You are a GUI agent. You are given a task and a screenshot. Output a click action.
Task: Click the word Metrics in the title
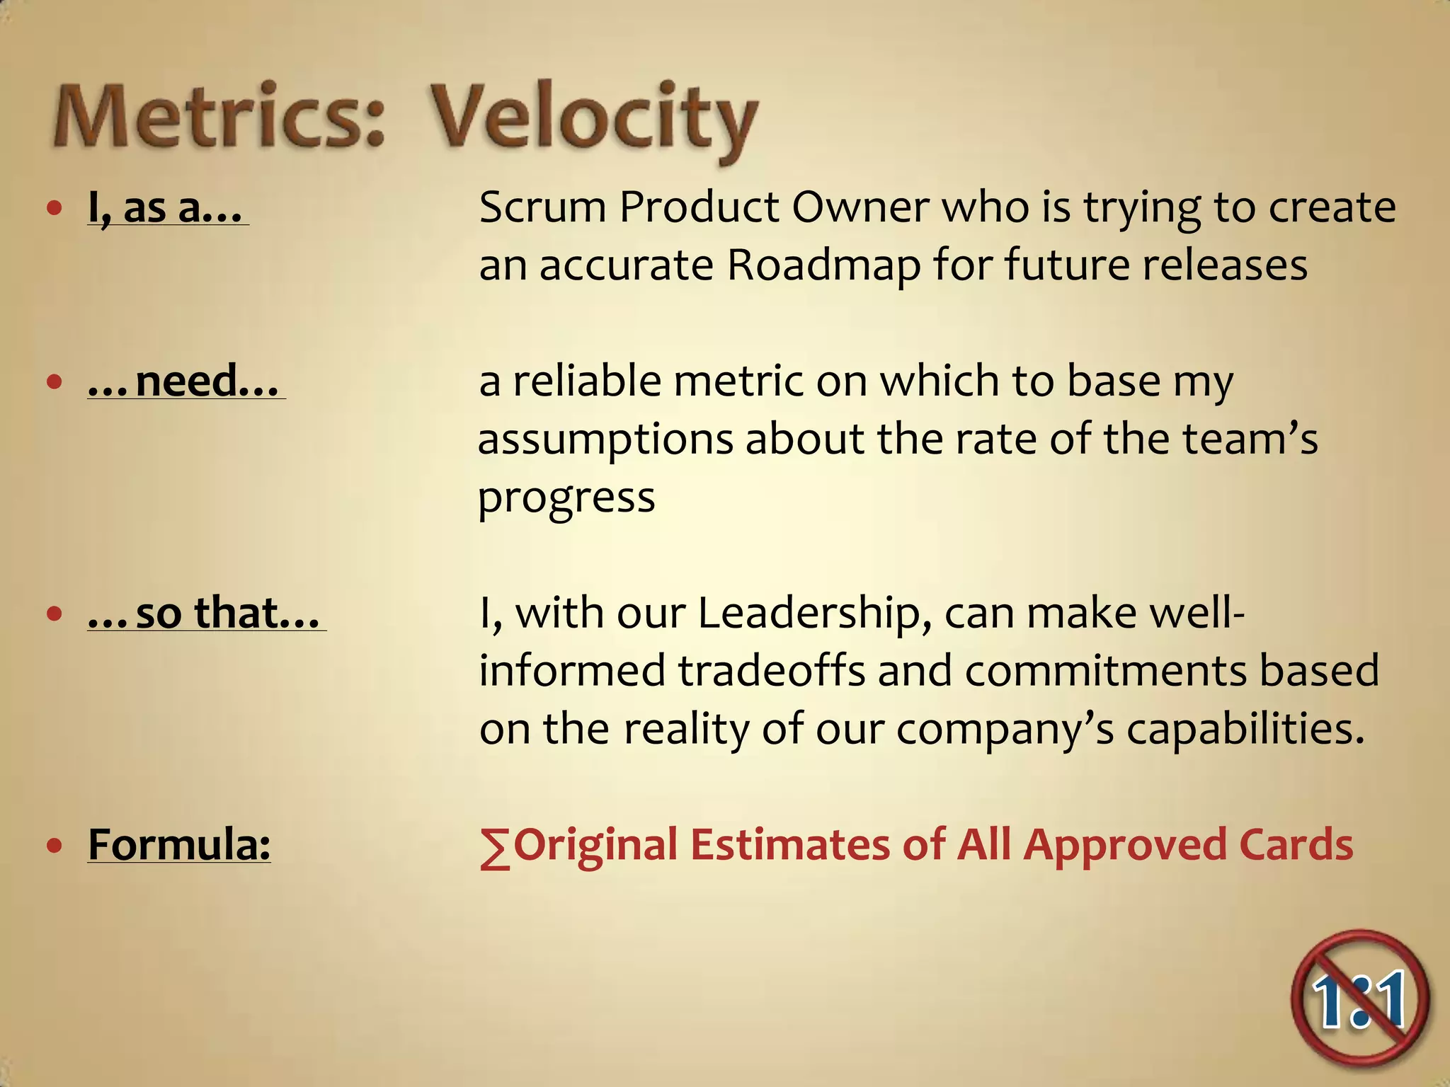(x=219, y=117)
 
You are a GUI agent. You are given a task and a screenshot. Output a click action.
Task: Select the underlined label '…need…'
(x=185, y=381)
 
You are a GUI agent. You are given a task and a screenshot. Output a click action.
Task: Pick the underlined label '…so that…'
(x=206, y=613)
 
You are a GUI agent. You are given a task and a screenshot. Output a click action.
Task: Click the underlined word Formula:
(x=179, y=844)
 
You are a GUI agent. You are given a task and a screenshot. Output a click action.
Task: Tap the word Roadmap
(x=824, y=266)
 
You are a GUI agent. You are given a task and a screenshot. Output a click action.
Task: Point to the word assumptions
(x=605, y=440)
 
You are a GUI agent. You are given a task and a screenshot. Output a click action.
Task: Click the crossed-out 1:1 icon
(x=1359, y=998)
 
